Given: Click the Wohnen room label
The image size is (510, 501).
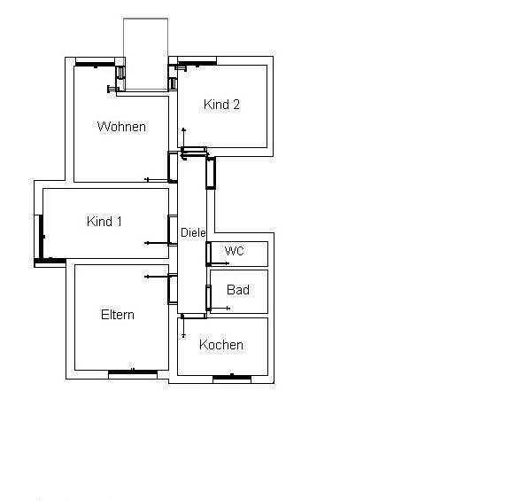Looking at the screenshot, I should [x=121, y=127].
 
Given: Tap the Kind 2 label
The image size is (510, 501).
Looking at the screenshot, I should [x=221, y=105].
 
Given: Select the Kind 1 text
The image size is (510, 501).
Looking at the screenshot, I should [x=104, y=222].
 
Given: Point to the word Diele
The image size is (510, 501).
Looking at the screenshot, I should [x=193, y=232].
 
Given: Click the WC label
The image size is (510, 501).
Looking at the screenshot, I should [x=234, y=251].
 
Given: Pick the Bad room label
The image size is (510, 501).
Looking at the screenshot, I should [x=237, y=290].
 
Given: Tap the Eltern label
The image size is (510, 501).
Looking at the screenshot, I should [x=118, y=315].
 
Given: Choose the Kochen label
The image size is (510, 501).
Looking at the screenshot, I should [x=221, y=345].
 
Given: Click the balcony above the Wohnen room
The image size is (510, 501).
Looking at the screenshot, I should [x=145, y=53].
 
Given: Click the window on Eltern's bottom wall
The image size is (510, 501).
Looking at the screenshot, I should [x=132, y=374].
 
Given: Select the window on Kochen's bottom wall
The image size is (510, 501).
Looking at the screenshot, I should [x=232, y=379].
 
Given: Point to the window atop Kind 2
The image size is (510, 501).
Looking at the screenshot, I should [x=197, y=62].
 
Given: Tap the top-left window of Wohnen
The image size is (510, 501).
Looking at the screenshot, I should [x=96, y=62].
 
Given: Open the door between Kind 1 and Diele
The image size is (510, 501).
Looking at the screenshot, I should [x=173, y=229].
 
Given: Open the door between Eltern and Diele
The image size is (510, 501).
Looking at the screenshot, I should [x=173, y=288].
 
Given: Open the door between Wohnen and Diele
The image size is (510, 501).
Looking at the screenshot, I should [x=173, y=167].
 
